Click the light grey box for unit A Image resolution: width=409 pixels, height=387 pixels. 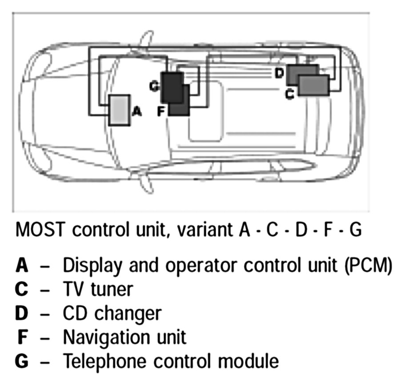[118, 110]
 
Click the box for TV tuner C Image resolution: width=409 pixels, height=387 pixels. [314, 85]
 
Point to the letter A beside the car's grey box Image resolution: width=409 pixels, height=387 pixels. [137, 112]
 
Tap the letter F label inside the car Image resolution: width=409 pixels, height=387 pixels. [162, 111]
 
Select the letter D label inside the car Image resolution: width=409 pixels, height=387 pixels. [279, 73]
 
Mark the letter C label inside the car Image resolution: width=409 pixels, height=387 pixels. [290, 94]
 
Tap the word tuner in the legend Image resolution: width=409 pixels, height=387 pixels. [111, 289]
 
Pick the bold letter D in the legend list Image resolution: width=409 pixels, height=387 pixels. [22, 313]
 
